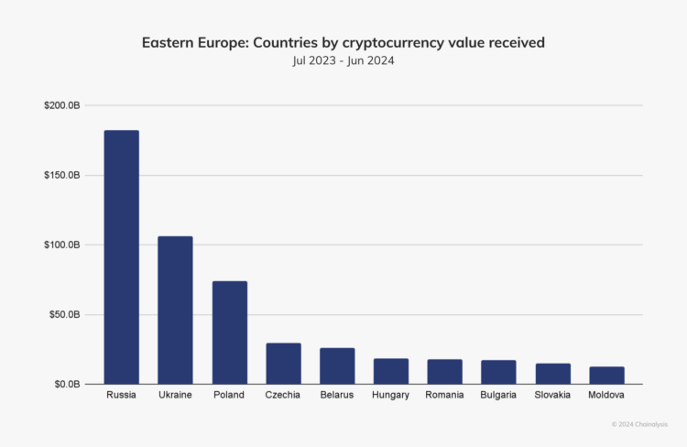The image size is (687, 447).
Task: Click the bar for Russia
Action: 121,257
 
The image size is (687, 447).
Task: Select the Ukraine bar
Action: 175,311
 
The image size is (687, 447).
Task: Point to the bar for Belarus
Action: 337,366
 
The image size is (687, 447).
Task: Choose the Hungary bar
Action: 391,371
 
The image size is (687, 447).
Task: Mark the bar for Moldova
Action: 606,376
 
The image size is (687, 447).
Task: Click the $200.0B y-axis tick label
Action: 61,106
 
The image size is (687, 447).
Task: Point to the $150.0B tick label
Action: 61,175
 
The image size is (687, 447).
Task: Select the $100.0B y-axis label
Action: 61,245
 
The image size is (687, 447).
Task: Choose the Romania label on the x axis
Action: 444,395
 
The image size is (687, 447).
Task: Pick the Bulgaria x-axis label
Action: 498,395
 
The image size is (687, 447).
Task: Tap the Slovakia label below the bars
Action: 552,395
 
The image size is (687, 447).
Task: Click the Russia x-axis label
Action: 121,395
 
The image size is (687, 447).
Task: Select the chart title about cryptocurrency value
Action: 343,43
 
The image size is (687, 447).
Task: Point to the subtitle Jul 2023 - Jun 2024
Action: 343,60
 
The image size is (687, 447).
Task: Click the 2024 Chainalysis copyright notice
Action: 641,424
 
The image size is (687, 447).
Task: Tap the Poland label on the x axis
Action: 229,395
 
